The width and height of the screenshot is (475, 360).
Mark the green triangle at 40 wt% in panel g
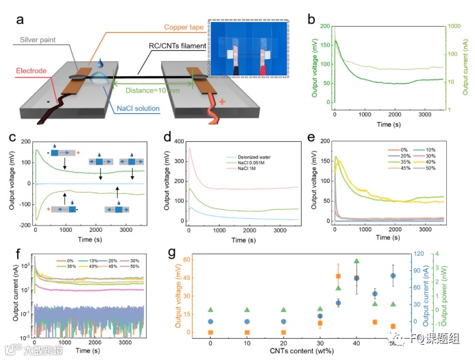356,261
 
